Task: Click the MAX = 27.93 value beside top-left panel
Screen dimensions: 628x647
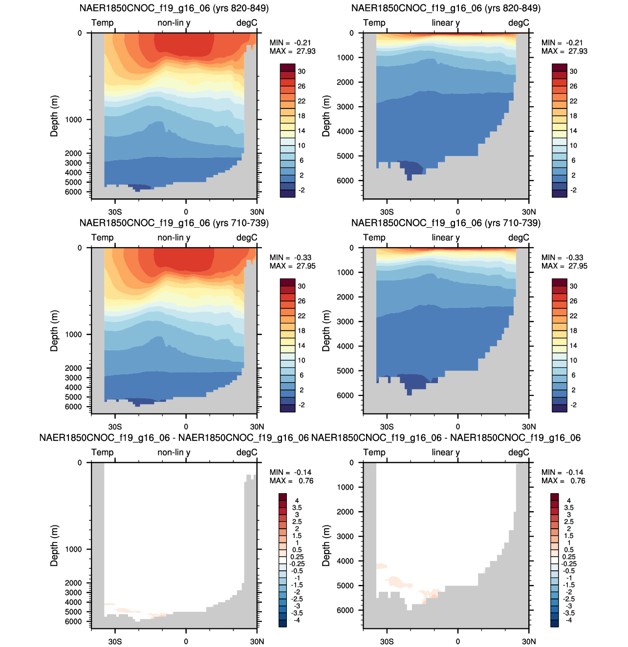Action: pos(292,51)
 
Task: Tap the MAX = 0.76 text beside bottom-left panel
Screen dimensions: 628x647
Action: pos(291,481)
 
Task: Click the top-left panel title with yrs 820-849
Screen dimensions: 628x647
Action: pos(174,8)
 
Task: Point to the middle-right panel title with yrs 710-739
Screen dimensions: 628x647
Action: pos(446,223)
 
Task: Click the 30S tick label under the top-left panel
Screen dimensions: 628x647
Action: pos(115,212)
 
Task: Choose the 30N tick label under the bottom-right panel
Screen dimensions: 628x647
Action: pos(529,641)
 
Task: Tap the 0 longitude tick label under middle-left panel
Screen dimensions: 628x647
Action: pos(186,427)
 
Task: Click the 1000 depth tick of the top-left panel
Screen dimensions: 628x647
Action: pos(73,120)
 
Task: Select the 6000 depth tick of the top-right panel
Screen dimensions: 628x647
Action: pos(345,180)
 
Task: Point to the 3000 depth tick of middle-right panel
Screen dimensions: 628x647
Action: pos(345,322)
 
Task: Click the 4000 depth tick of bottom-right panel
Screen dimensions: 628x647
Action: pos(345,561)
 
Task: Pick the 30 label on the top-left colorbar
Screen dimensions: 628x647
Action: pos(302,71)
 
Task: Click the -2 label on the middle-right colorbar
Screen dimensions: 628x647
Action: pos(573,405)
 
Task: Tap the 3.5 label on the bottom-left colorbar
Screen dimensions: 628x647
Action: pos(297,507)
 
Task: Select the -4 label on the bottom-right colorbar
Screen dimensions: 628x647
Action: pos(569,620)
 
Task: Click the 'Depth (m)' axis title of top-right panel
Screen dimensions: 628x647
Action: pos(326,116)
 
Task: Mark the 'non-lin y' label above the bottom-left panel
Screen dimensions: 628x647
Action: pos(174,453)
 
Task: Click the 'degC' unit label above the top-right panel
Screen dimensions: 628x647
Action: pos(519,23)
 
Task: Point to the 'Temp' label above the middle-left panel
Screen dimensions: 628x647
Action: pos(103,237)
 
